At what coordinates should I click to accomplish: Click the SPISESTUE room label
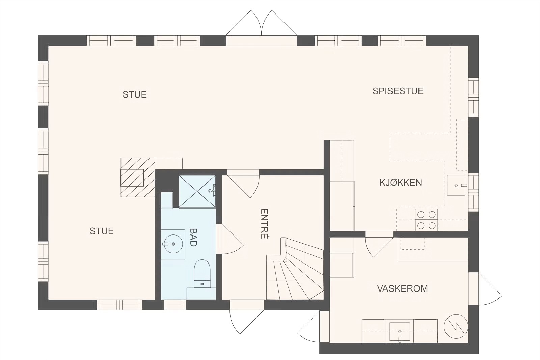tap(398, 91)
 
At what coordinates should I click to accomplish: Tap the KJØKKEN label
tap(401, 183)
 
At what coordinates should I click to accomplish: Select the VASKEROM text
tap(402, 289)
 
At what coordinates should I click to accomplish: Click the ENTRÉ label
tap(264, 224)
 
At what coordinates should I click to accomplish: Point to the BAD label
tap(193, 237)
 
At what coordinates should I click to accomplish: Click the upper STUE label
tap(134, 94)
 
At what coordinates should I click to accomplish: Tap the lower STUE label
tap(101, 231)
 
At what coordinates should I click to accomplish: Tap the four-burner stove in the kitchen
tap(427, 220)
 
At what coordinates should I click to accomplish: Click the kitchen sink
tap(456, 185)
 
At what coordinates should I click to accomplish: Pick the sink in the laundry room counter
tap(400, 331)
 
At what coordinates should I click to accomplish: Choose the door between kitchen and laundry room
tap(378, 244)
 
